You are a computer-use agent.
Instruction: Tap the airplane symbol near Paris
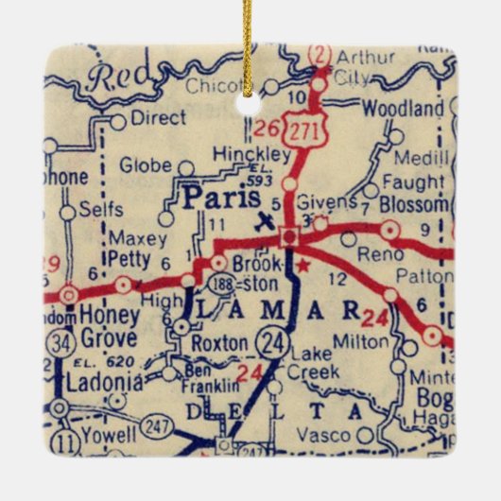265,221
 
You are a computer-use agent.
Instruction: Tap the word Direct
158,120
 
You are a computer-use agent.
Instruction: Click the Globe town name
146,166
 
